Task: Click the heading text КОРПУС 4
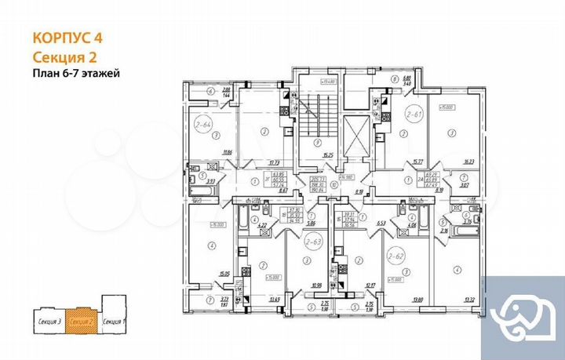[x=66, y=36]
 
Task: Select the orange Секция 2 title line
[x=65, y=56]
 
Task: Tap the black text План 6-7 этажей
[x=76, y=74]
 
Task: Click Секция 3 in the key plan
[x=49, y=322]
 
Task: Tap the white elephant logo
[x=523, y=314]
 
